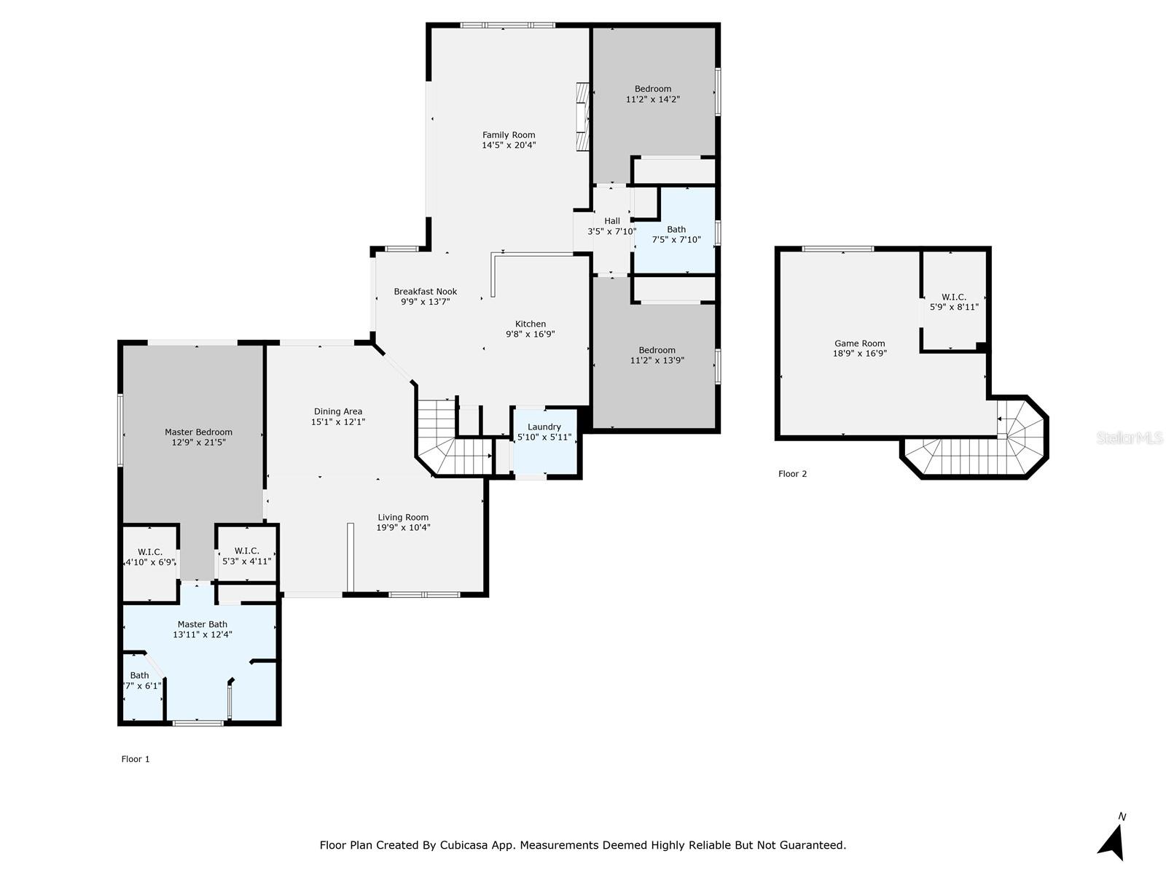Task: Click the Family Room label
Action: click(x=509, y=135)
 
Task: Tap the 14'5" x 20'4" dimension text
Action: click(x=509, y=145)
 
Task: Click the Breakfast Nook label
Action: click(x=426, y=292)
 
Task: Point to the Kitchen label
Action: click(x=531, y=324)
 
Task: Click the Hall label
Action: click(x=612, y=221)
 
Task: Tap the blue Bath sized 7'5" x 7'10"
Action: click(x=676, y=234)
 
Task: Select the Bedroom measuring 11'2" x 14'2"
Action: click(x=653, y=94)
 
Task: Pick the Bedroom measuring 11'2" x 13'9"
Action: click(x=657, y=355)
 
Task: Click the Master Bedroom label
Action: click(x=198, y=432)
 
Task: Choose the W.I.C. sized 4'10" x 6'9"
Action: click(x=150, y=557)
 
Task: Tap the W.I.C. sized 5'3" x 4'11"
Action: click(x=246, y=556)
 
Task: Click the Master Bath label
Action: click(x=203, y=624)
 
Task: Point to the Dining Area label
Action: click(x=338, y=411)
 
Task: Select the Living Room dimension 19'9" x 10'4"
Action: click(x=403, y=527)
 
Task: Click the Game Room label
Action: click(x=860, y=343)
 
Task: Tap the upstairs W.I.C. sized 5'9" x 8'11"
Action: click(x=954, y=302)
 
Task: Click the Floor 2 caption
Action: click(x=792, y=474)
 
